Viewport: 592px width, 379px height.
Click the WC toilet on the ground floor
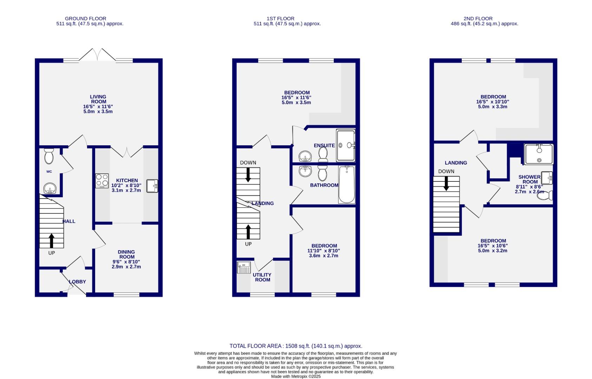click(x=49, y=156)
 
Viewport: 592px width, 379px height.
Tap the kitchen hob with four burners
click(x=102, y=181)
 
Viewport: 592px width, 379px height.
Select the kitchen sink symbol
click(x=152, y=186)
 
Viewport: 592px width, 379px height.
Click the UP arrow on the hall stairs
click(x=52, y=241)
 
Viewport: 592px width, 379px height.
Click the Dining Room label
click(x=126, y=254)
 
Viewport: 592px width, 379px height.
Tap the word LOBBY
click(x=78, y=281)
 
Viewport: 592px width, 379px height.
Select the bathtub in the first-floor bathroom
click(x=347, y=185)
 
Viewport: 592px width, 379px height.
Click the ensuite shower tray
click(x=346, y=145)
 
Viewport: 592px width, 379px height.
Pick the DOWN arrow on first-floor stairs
click(x=248, y=174)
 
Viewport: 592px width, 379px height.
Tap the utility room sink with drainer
click(x=243, y=267)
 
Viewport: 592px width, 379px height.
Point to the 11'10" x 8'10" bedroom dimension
click(x=323, y=251)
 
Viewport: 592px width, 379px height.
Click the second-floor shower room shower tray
click(x=539, y=154)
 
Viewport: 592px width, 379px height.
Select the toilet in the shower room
click(x=544, y=195)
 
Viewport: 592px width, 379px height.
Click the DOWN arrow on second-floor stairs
click(x=446, y=183)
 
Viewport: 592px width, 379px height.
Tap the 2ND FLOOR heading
click(x=478, y=19)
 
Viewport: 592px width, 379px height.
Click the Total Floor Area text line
click(x=296, y=346)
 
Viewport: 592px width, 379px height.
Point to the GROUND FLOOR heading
click(x=85, y=19)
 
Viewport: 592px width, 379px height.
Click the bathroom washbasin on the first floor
click(x=305, y=172)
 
